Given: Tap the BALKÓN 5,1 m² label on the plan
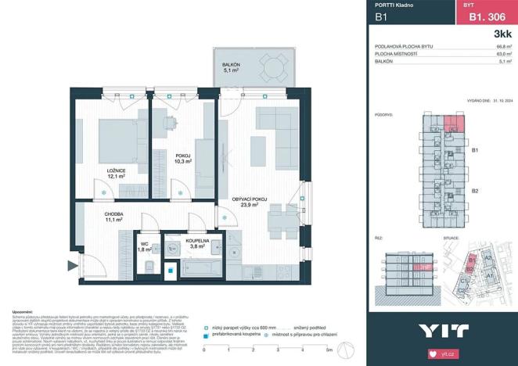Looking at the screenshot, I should tap(232, 68).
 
